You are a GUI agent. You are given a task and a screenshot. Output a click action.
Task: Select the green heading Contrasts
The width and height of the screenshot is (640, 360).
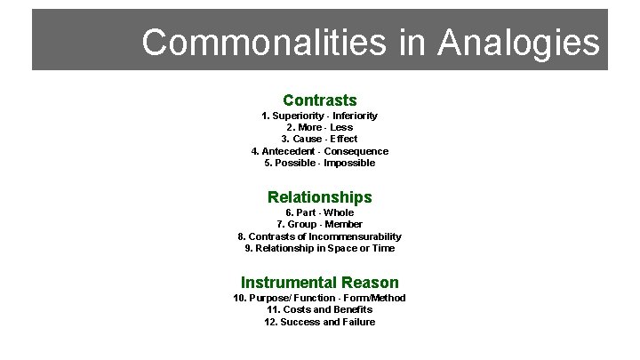[319, 100]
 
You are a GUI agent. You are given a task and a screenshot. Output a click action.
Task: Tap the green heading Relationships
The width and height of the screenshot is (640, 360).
[319, 197]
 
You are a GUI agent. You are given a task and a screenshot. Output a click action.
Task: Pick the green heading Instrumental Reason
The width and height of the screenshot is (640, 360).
[319, 283]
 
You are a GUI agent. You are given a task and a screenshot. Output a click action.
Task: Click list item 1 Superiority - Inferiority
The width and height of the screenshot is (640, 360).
[319, 116]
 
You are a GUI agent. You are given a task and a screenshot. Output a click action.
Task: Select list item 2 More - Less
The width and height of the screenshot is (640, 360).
[319, 127]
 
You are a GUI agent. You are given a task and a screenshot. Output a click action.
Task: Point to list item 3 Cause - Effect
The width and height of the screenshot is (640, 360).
[319, 139]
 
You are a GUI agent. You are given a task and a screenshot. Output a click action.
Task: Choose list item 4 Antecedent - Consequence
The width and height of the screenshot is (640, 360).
[319, 151]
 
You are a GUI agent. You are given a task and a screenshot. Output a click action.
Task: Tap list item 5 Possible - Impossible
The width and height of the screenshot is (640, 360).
[319, 163]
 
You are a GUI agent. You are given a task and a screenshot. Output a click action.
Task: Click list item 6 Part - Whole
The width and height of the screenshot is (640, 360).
[319, 212]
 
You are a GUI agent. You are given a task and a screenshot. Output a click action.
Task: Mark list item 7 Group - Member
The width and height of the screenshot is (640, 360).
[319, 225]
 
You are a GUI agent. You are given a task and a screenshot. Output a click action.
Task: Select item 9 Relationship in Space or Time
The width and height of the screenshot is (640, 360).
[319, 248]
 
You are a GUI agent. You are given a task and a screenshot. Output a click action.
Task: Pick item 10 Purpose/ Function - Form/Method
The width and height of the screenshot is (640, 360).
[319, 298]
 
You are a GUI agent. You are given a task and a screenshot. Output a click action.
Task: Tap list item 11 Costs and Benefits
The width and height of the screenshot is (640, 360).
[319, 309]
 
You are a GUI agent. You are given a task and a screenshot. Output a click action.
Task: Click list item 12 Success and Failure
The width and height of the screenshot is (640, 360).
[319, 322]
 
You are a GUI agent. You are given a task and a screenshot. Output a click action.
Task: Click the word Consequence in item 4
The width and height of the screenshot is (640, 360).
[356, 151]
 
